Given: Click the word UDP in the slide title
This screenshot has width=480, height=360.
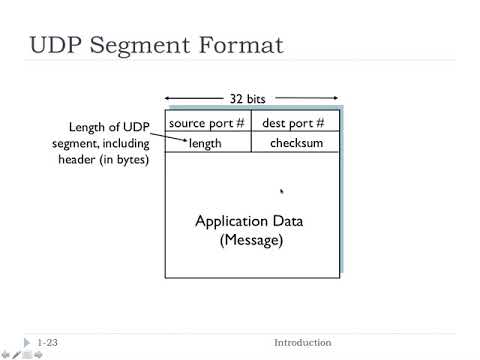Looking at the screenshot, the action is pyautogui.click(x=61, y=45).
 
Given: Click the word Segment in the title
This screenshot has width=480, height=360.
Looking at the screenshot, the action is pyautogui.click(x=147, y=45).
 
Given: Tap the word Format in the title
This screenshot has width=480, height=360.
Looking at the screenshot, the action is pyautogui.click(x=242, y=45).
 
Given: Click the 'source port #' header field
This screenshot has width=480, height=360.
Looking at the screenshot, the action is pyautogui.click(x=207, y=123).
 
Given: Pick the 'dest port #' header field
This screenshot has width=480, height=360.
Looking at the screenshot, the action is pyautogui.click(x=294, y=123).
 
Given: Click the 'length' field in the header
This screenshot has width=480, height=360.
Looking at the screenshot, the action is pyautogui.click(x=205, y=144).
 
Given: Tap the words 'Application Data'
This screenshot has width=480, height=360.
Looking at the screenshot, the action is pyautogui.click(x=249, y=221).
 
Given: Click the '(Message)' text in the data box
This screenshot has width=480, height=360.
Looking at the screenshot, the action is pyautogui.click(x=251, y=241).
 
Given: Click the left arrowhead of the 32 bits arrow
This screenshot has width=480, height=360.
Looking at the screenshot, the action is pyautogui.click(x=168, y=98).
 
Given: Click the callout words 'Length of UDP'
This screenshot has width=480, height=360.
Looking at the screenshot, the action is pyautogui.click(x=108, y=128).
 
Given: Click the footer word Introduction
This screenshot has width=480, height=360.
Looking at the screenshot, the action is pyautogui.click(x=302, y=343).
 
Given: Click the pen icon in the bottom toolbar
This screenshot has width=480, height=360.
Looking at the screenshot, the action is pyautogui.click(x=16, y=354).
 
